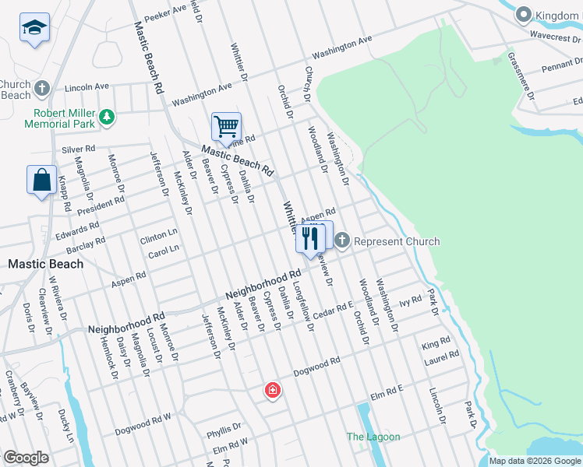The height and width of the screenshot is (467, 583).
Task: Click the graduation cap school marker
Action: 34,29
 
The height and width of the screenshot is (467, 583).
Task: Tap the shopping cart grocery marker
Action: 226,126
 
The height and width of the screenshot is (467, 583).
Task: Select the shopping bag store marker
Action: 41,180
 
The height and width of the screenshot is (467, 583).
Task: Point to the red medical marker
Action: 273,390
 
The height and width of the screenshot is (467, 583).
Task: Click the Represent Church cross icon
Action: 342,241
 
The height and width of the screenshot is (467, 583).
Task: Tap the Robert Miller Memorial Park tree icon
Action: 106,118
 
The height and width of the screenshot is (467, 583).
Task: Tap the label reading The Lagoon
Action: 373,437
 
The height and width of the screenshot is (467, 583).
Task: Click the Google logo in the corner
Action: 26,458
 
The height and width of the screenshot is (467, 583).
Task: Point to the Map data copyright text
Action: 535,461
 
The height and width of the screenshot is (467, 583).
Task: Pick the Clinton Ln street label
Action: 159,233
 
